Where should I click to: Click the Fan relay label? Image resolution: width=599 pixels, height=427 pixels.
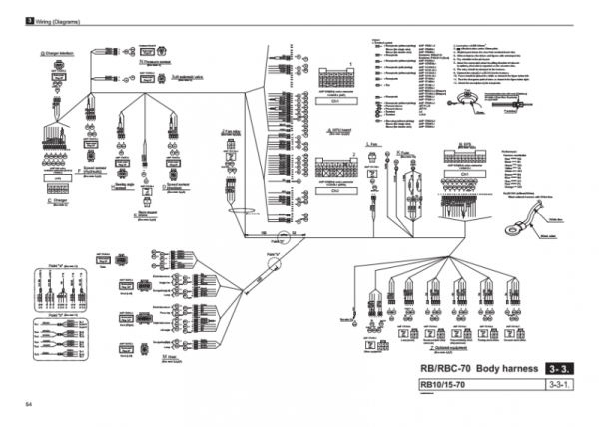(230, 132)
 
